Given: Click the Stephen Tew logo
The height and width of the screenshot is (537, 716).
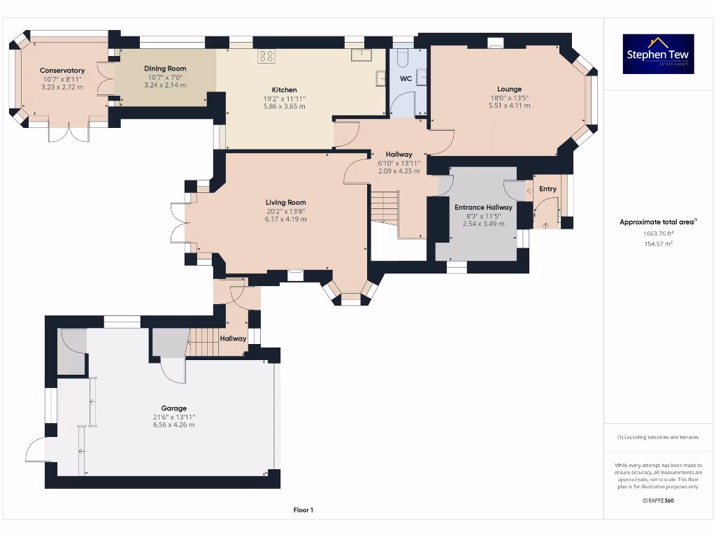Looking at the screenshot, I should (x=659, y=54).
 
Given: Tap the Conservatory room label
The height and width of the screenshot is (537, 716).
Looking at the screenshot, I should (x=62, y=71).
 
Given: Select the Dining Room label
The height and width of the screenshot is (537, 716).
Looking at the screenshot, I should (x=165, y=69).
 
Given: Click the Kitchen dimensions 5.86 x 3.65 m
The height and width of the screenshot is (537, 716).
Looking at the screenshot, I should (x=285, y=106).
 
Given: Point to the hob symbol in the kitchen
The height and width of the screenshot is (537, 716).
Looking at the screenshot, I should (x=266, y=56).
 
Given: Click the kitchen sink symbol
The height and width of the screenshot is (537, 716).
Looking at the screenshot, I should (x=361, y=55).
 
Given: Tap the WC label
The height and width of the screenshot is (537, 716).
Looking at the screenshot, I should (x=406, y=79).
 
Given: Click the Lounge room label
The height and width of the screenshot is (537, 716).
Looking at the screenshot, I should (x=509, y=89).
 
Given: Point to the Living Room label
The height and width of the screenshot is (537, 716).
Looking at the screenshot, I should (x=285, y=203).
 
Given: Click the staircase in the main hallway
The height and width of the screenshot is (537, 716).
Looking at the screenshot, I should (x=384, y=207).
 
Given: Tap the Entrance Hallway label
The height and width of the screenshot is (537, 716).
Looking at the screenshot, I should (x=483, y=208).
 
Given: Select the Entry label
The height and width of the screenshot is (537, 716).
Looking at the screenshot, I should (x=548, y=189).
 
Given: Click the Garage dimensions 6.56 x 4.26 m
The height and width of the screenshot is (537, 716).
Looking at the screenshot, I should (x=173, y=424).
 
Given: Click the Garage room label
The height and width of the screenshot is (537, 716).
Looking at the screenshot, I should (x=173, y=408).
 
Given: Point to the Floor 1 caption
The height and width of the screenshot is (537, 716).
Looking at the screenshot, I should (x=303, y=510).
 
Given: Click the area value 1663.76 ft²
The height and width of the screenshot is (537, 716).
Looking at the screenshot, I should (x=659, y=234).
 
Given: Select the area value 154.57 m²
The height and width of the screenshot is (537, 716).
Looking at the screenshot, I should (x=659, y=244).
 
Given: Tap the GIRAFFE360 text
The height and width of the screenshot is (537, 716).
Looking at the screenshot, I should (x=659, y=501).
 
